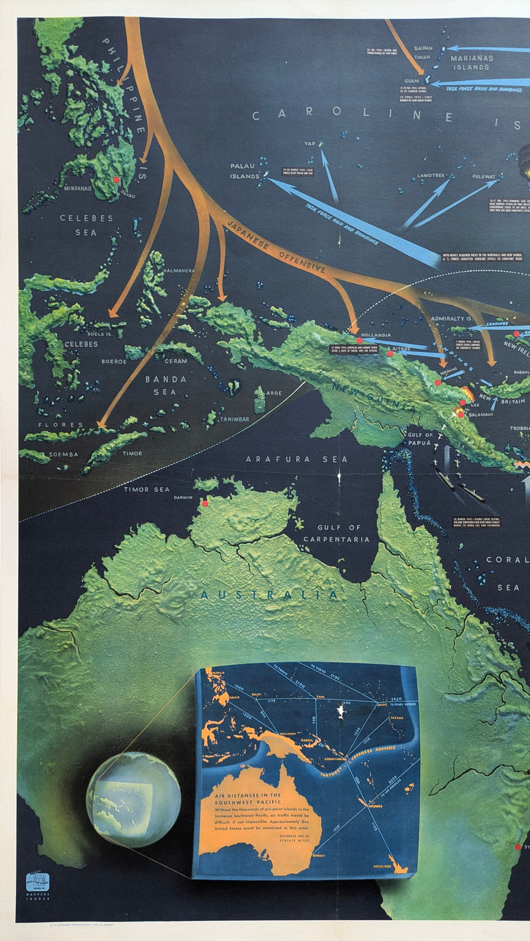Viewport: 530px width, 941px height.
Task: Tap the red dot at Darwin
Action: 205,503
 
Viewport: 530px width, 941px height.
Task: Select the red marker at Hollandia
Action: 358,341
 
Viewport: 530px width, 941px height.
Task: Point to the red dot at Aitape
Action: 390,353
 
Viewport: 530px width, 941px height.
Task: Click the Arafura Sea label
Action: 297,459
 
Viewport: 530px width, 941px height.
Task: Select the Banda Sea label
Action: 165,385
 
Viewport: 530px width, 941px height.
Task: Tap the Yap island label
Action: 310,144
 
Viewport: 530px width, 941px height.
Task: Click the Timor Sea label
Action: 146,489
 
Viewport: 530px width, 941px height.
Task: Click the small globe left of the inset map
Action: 133,800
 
